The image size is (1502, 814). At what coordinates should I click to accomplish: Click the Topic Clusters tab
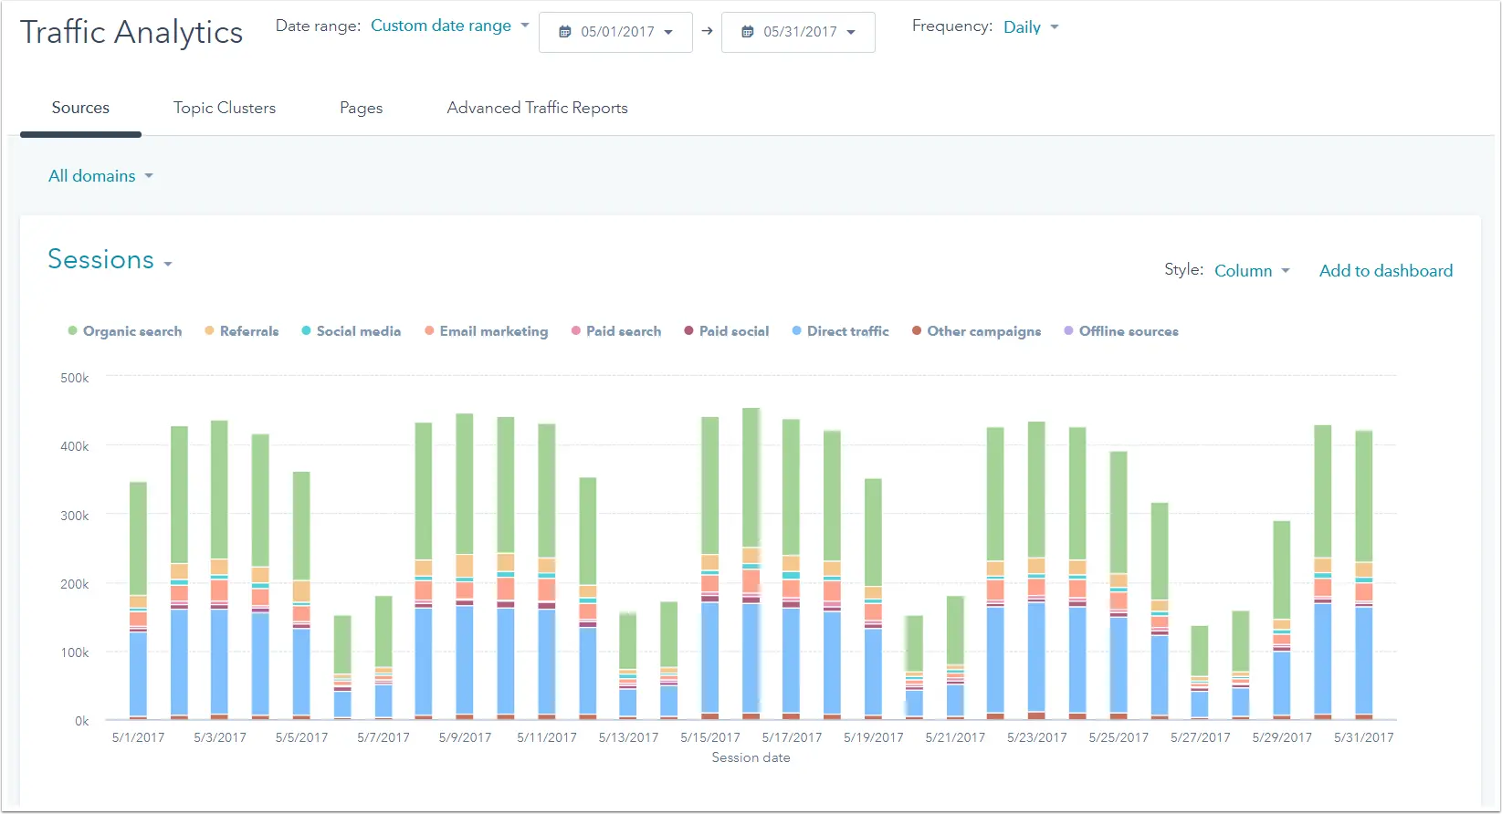click(x=225, y=108)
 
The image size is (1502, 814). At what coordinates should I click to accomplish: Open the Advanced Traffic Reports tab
click(x=537, y=108)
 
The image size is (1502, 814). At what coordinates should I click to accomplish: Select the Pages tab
click(x=361, y=108)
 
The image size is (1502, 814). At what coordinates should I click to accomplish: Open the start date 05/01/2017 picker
click(x=615, y=32)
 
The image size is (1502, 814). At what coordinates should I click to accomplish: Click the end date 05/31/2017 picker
click(x=798, y=32)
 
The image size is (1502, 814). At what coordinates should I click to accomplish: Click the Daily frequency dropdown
click(x=1031, y=27)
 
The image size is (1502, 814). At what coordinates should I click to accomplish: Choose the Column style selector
click(x=1252, y=271)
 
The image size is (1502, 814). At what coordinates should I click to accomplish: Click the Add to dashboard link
click(x=1385, y=271)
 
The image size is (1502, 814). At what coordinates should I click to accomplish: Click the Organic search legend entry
click(x=125, y=331)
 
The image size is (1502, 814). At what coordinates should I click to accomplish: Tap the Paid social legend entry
click(x=727, y=331)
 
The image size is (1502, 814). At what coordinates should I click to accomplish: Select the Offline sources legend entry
click(x=1121, y=331)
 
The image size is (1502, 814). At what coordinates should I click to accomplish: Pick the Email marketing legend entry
click(x=486, y=331)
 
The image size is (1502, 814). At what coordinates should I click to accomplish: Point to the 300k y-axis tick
click(x=74, y=516)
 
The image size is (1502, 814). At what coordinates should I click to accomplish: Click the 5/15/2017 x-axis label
click(x=710, y=737)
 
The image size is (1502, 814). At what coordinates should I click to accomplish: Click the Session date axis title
click(x=751, y=757)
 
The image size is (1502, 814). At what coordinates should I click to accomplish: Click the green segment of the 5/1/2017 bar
click(x=138, y=538)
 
